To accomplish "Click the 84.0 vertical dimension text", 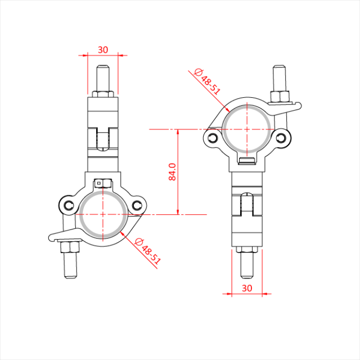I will click(173, 172).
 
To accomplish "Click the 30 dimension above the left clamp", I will click(103, 50).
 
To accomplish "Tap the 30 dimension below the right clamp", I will click(246, 288).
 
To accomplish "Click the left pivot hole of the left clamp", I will click(68, 205).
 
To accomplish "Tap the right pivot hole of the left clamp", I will click(136, 205).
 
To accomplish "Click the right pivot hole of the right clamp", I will click(280, 137).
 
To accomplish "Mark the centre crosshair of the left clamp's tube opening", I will click(103, 213).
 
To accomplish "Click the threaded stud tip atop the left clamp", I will click(103, 69).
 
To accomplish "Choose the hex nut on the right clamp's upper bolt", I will click(280, 96).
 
